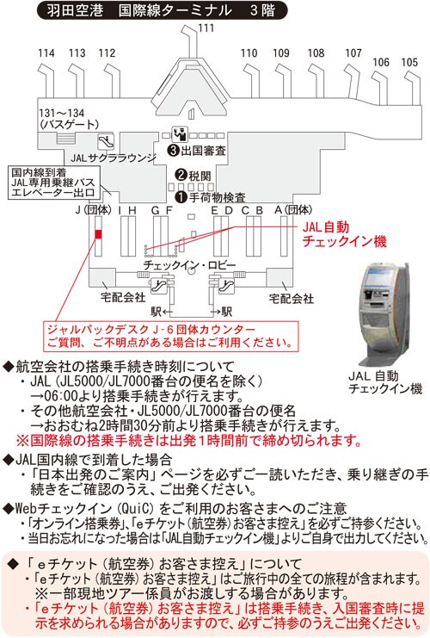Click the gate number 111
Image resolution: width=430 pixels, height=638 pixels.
click(x=206, y=28)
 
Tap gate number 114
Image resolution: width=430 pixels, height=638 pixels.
click(x=46, y=53)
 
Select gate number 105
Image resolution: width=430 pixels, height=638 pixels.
click(x=409, y=63)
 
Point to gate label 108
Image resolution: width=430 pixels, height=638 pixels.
click(x=316, y=53)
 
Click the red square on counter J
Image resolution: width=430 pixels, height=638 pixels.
click(x=98, y=234)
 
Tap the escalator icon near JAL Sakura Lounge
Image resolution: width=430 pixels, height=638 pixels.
click(x=106, y=141)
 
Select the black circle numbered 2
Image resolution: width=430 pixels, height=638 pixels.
click(x=181, y=175)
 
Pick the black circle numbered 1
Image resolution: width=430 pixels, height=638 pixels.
click(x=181, y=197)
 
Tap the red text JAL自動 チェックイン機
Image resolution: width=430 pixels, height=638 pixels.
click(x=344, y=234)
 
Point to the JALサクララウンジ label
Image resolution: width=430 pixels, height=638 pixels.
click(x=114, y=158)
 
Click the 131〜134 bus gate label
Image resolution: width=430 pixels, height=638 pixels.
click(x=69, y=119)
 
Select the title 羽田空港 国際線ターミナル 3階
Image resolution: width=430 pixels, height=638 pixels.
click(x=162, y=10)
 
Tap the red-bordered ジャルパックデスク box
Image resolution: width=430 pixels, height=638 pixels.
click(x=170, y=336)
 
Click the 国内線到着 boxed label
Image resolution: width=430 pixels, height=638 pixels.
click(x=52, y=183)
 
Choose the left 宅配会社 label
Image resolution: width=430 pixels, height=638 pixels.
click(x=123, y=297)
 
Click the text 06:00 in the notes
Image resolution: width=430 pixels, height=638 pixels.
click(x=59, y=395)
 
